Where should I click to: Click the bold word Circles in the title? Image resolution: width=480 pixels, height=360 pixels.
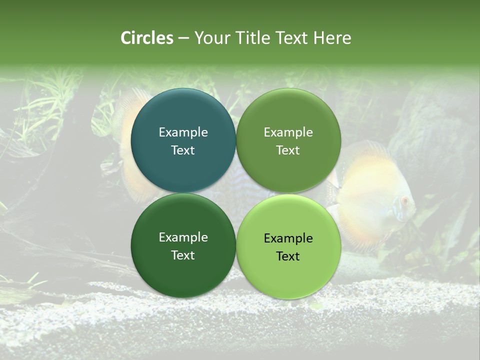pyautogui.click(x=147, y=38)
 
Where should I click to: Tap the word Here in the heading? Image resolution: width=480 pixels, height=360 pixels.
pyautogui.click(x=332, y=38)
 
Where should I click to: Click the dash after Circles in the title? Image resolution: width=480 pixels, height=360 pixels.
pyautogui.click(x=183, y=38)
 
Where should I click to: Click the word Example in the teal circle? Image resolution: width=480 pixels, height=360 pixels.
pyautogui.click(x=183, y=132)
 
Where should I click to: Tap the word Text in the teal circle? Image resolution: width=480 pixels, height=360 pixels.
pyautogui.click(x=183, y=150)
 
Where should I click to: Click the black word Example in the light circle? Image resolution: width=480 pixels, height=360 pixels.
pyautogui.click(x=288, y=238)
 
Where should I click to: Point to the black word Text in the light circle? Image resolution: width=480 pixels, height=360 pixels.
pyautogui.click(x=288, y=256)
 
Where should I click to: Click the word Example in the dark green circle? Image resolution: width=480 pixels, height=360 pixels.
pyautogui.click(x=183, y=237)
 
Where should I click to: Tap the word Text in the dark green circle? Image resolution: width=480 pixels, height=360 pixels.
pyautogui.click(x=183, y=255)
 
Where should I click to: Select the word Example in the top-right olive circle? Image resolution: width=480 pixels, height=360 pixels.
pyautogui.click(x=288, y=132)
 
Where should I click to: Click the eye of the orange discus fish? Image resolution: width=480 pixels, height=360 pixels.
pyautogui.click(x=404, y=200)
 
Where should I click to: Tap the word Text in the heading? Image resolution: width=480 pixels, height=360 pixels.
pyautogui.click(x=293, y=38)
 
